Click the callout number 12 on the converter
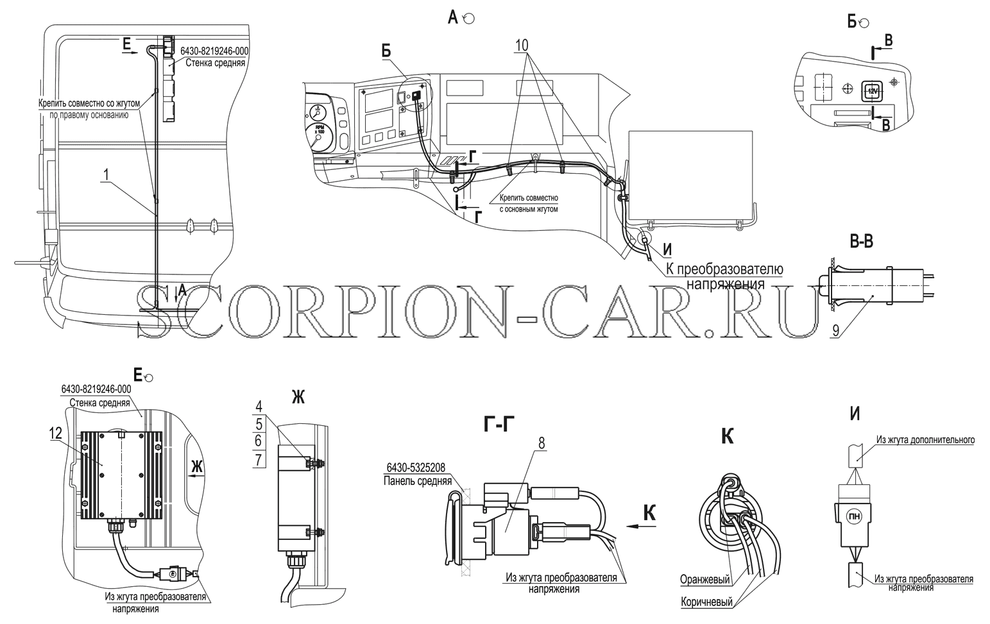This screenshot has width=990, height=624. (x=56, y=434)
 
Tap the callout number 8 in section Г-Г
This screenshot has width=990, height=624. (x=542, y=443)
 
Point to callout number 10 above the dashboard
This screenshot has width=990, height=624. (x=522, y=45)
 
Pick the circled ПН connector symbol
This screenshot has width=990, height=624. (x=853, y=515)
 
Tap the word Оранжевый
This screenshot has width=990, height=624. (x=705, y=579)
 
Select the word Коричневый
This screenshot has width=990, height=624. (x=707, y=602)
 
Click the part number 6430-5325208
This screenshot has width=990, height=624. (x=416, y=468)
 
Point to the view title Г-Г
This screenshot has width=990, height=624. (x=499, y=425)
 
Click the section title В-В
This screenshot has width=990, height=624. (x=862, y=242)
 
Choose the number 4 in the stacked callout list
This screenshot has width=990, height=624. (x=259, y=407)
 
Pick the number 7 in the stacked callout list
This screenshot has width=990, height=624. (x=259, y=460)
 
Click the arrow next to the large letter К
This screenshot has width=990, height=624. (x=642, y=526)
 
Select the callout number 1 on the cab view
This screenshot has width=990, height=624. (x=105, y=175)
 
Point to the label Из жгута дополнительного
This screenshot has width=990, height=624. (x=926, y=440)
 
